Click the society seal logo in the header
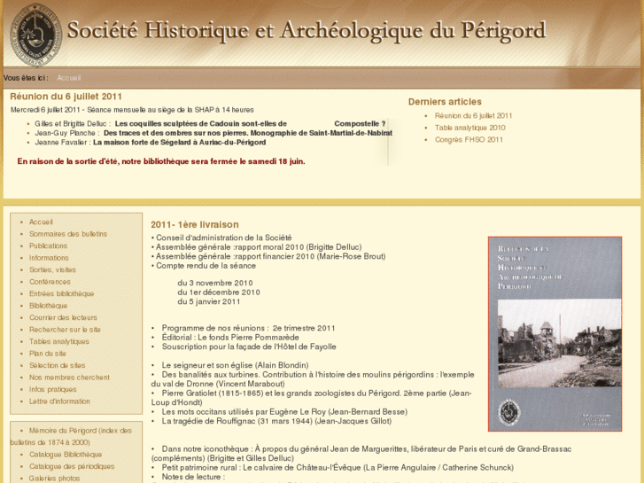(35, 35)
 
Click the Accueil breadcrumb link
(68, 78)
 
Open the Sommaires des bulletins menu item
(67, 234)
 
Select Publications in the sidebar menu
(48, 245)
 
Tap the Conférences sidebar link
(50, 282)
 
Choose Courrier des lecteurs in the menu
(63, 317)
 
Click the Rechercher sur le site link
(65, 329)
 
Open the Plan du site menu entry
(47, 353)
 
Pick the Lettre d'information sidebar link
(59, 401)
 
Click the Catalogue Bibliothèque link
(66, 454)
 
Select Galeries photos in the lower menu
(54, 478)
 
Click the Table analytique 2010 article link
(469, 128)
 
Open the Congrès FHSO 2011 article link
(469, 139)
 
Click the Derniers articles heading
(445, 102)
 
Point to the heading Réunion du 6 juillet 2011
(66, 97)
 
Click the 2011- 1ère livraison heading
(195, 224)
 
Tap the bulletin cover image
(542, 333)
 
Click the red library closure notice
(160, 161)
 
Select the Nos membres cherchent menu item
(69, 377)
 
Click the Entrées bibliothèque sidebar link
(61, 293)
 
